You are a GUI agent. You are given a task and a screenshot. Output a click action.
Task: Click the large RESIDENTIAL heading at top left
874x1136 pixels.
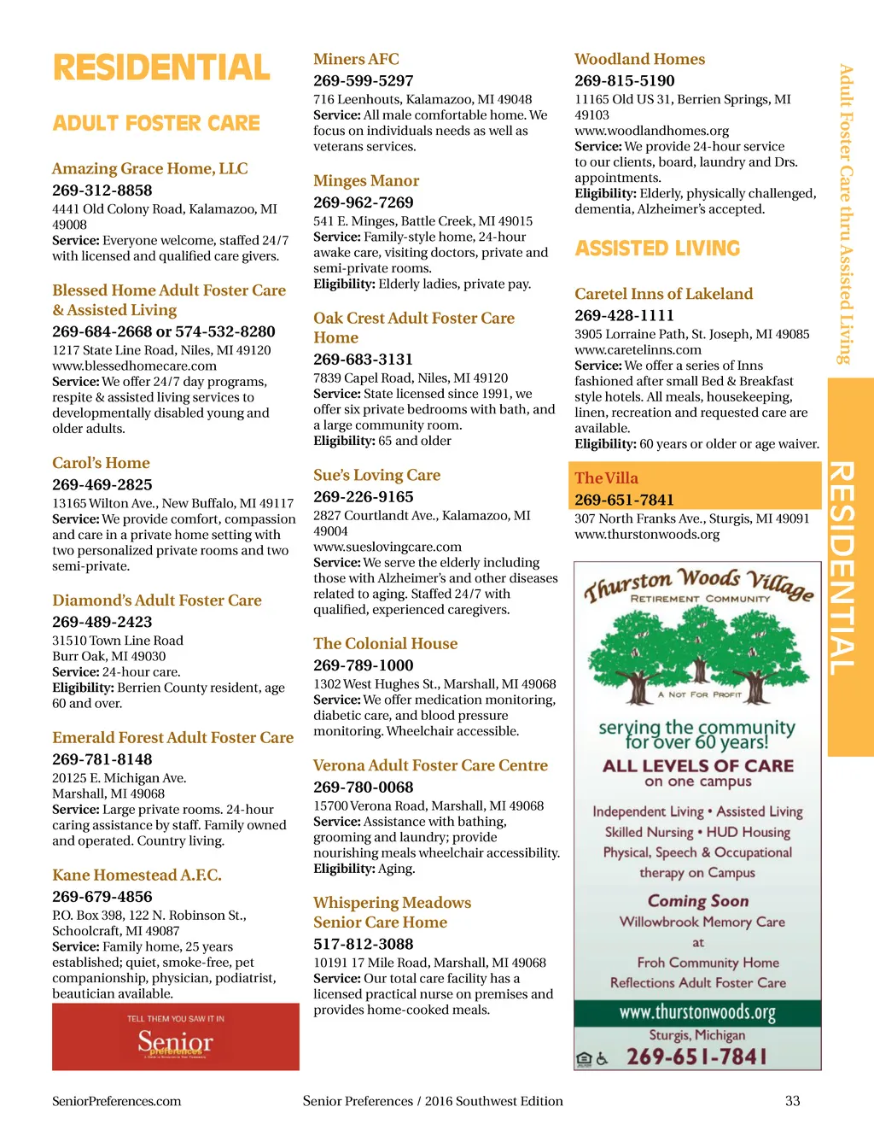pos(161,67)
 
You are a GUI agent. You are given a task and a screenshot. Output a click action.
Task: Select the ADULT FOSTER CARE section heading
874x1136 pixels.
pos(156,123)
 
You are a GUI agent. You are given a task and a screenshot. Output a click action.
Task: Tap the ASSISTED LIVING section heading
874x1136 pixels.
pos(657,249)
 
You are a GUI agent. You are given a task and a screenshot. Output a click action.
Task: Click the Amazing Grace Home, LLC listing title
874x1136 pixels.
pos(149,168)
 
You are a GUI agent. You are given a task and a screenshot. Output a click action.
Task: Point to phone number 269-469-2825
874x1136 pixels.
pos(102,484)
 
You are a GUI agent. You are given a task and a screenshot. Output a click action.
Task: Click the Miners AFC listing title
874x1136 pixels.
pos(356,59)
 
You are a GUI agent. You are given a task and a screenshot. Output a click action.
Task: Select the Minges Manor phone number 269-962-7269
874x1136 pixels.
pos(363,202)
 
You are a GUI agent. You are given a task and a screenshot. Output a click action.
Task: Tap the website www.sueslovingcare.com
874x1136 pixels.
pos(387,547)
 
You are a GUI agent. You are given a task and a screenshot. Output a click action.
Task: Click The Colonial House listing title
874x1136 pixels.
pos(385,643)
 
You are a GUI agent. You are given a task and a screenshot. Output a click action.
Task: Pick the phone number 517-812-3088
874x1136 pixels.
pos(363,944)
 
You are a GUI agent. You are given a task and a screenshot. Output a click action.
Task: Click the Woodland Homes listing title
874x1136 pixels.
pos(639,59)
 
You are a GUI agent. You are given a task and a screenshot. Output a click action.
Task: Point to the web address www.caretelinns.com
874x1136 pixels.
pos(638,349)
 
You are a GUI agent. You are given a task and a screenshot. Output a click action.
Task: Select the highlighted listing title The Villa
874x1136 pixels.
pos(606,478)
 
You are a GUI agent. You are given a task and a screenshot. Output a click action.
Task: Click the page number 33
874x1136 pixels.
pos(792,1101)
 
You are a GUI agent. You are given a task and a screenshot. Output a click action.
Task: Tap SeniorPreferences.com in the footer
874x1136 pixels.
pos(116,1101)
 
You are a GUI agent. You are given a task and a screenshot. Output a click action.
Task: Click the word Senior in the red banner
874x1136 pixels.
pos(175,1041)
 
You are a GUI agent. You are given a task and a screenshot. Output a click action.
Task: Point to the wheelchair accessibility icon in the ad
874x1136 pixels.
pos(602,1059)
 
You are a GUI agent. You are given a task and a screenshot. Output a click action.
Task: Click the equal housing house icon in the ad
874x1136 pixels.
pos(584,1059)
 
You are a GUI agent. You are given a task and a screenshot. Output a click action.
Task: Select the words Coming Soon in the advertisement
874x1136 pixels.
pos(697,901)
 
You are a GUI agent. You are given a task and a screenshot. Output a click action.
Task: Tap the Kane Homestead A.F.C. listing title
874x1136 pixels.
pos(137,875)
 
